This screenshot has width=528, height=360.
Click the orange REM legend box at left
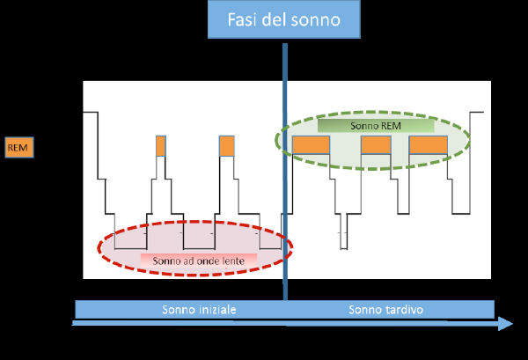click(18, 148)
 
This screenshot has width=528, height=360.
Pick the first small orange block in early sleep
click(160, 145)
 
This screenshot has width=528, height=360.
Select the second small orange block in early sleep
click(227, 145)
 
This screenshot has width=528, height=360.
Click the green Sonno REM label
click(376, 126)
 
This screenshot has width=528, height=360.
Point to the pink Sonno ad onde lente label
click(198, 260)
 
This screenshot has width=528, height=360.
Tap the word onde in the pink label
click(212, 260)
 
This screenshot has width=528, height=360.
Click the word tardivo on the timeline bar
click(405, 310)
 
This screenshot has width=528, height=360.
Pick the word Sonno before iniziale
click(179, 310)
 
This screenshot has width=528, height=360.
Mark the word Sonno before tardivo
click(365, 310)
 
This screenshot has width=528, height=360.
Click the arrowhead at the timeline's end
click(506, 324)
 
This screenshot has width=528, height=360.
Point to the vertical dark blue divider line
click(285, 176)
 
